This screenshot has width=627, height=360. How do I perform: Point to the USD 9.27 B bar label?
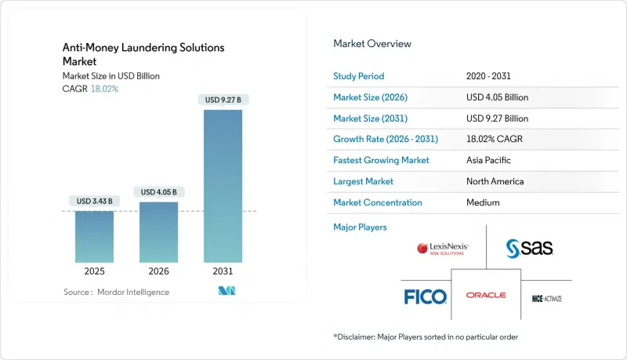tap(223, 100)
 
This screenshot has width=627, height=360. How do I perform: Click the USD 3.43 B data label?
tap(94, 202)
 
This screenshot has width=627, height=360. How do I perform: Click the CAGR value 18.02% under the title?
tap(105, 89)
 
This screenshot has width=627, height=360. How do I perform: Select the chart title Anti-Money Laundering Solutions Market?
tap(143, 54)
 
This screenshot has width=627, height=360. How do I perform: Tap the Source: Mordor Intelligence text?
tap(116, 292)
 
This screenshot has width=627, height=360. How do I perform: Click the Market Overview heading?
tap(371, 44)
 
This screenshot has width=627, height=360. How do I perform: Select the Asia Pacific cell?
tap(488, 160)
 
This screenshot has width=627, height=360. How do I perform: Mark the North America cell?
tap(495, 181)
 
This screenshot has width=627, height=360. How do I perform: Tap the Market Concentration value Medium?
tap(482, 202)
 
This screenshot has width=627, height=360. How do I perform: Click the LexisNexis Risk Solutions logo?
tap(443, 249)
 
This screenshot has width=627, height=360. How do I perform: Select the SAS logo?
tap(530, 249)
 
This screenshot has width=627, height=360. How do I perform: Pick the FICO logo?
tap(425, 296)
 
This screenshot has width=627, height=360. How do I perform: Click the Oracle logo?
tap(486, 296)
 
